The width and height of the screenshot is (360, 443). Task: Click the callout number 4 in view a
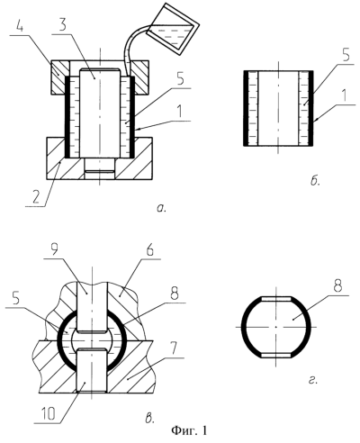tap(19, 28)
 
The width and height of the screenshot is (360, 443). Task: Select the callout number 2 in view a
tap(36, 197)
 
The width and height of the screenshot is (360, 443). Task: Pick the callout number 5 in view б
tap(346, 55)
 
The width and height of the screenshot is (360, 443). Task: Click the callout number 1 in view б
tap(345, 96)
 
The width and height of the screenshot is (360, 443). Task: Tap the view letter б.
tap(314, 181)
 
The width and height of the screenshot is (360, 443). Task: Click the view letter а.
tap(161, 208)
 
